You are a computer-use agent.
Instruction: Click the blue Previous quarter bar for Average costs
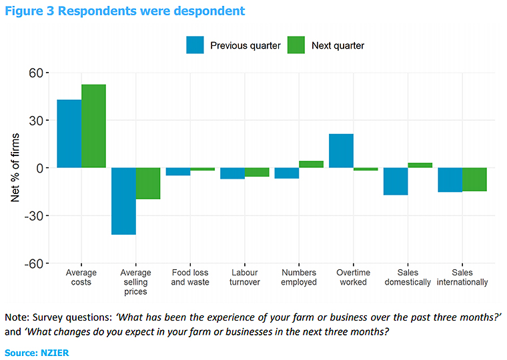69,133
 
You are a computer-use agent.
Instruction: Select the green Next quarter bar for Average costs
93,126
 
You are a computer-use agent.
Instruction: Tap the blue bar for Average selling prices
123,201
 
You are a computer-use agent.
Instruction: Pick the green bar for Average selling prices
148,183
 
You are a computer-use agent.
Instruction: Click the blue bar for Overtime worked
341,151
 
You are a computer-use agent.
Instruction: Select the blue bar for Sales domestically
396,181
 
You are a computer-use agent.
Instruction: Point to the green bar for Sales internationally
474,179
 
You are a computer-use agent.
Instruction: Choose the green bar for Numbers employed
312,164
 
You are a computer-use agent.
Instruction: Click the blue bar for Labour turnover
233,173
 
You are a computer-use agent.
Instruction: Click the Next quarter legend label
338,46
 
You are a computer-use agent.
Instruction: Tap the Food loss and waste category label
190,277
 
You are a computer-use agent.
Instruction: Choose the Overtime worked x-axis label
353,277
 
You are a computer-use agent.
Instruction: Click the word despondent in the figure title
208,11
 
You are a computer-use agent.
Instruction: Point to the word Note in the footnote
17,315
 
